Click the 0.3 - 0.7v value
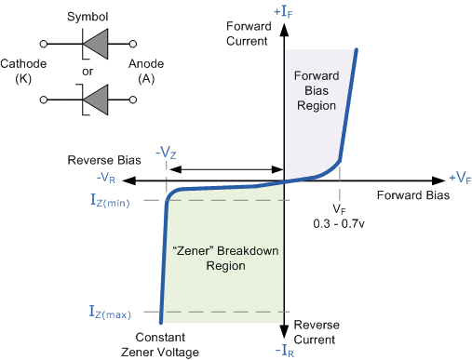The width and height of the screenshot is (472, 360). [343, 224]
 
